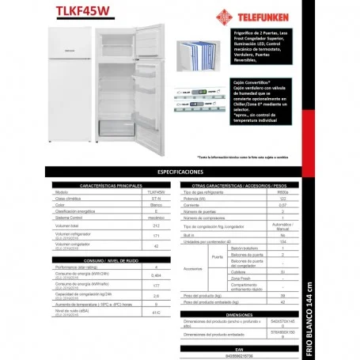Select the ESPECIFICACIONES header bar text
pyautogui.click(x=180, y=171)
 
